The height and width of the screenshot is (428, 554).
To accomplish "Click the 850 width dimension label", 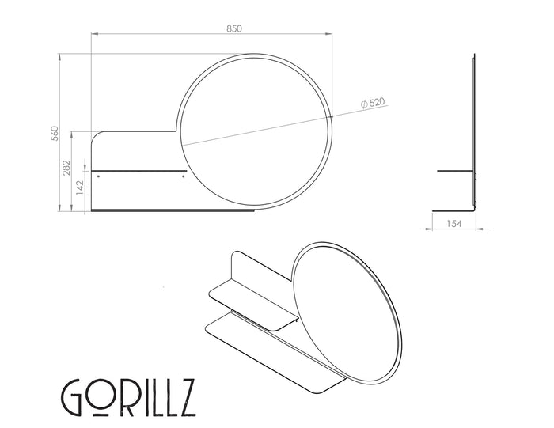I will pos(233,28).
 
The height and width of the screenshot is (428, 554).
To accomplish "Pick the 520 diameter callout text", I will pos(376,103).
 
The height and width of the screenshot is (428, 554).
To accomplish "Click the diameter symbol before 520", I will pos(362,105).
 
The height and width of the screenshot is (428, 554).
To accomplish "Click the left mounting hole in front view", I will pos(98,178).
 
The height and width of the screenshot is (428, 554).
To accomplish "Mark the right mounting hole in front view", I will pos(183,177).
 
